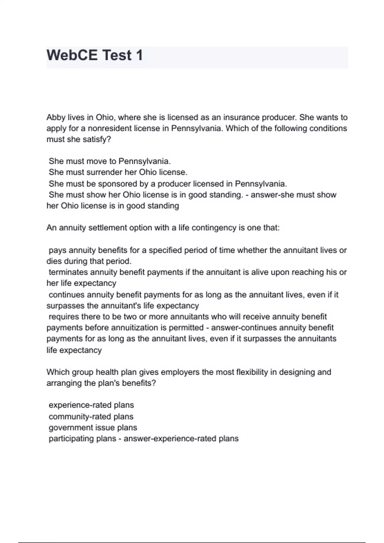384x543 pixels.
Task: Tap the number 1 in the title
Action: pos(139,55)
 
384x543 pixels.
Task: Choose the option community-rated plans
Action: pos(91,417)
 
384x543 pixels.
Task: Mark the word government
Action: pos(68,428)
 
